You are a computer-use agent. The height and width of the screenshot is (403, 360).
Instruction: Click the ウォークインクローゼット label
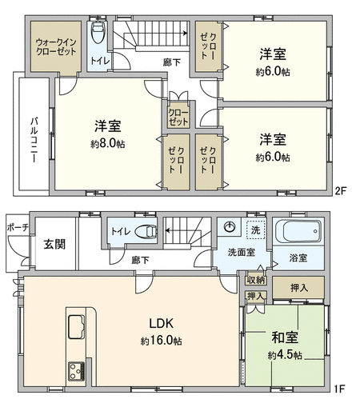(x=56, y=46)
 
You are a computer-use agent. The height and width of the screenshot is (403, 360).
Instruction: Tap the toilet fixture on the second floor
(x=98, y=32)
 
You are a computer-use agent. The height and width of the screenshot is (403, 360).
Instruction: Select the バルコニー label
(x=34, y=140)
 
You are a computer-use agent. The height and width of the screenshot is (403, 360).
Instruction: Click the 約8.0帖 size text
(x=107, y=144)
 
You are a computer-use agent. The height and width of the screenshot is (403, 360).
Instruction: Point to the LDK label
(x=161, y=323)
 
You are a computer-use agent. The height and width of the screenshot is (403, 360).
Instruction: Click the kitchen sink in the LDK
(x=77, y=327)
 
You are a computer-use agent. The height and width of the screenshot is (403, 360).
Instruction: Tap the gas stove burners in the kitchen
(x=77, y=371)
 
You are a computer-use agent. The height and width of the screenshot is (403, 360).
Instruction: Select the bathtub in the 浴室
(x=298, y=231)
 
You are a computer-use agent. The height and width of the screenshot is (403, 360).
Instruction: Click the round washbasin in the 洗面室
(x=230, y=227)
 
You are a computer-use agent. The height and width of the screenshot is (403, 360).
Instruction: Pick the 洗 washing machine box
(x=256, y=229)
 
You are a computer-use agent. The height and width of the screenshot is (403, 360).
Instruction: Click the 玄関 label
(x=54, y=244)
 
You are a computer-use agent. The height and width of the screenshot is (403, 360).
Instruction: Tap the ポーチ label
(x=18, y=228)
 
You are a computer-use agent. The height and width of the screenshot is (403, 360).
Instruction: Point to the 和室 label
(x=285, y=337)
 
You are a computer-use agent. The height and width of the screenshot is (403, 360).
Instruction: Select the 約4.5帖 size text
(x=285, y=355)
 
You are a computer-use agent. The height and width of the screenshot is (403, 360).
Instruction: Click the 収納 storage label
(x=256, y=280)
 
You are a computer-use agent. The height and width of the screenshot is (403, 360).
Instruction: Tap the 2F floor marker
(x=340, y=191)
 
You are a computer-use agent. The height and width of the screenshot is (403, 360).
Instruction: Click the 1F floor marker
(x=340, y=389)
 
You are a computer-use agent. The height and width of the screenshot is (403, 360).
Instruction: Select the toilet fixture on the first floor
(x=146, y=231)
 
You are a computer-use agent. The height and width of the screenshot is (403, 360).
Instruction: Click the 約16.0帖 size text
(x=162, y=341)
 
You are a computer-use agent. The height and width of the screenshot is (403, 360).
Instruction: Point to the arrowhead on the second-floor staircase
(x=185, y=34)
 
